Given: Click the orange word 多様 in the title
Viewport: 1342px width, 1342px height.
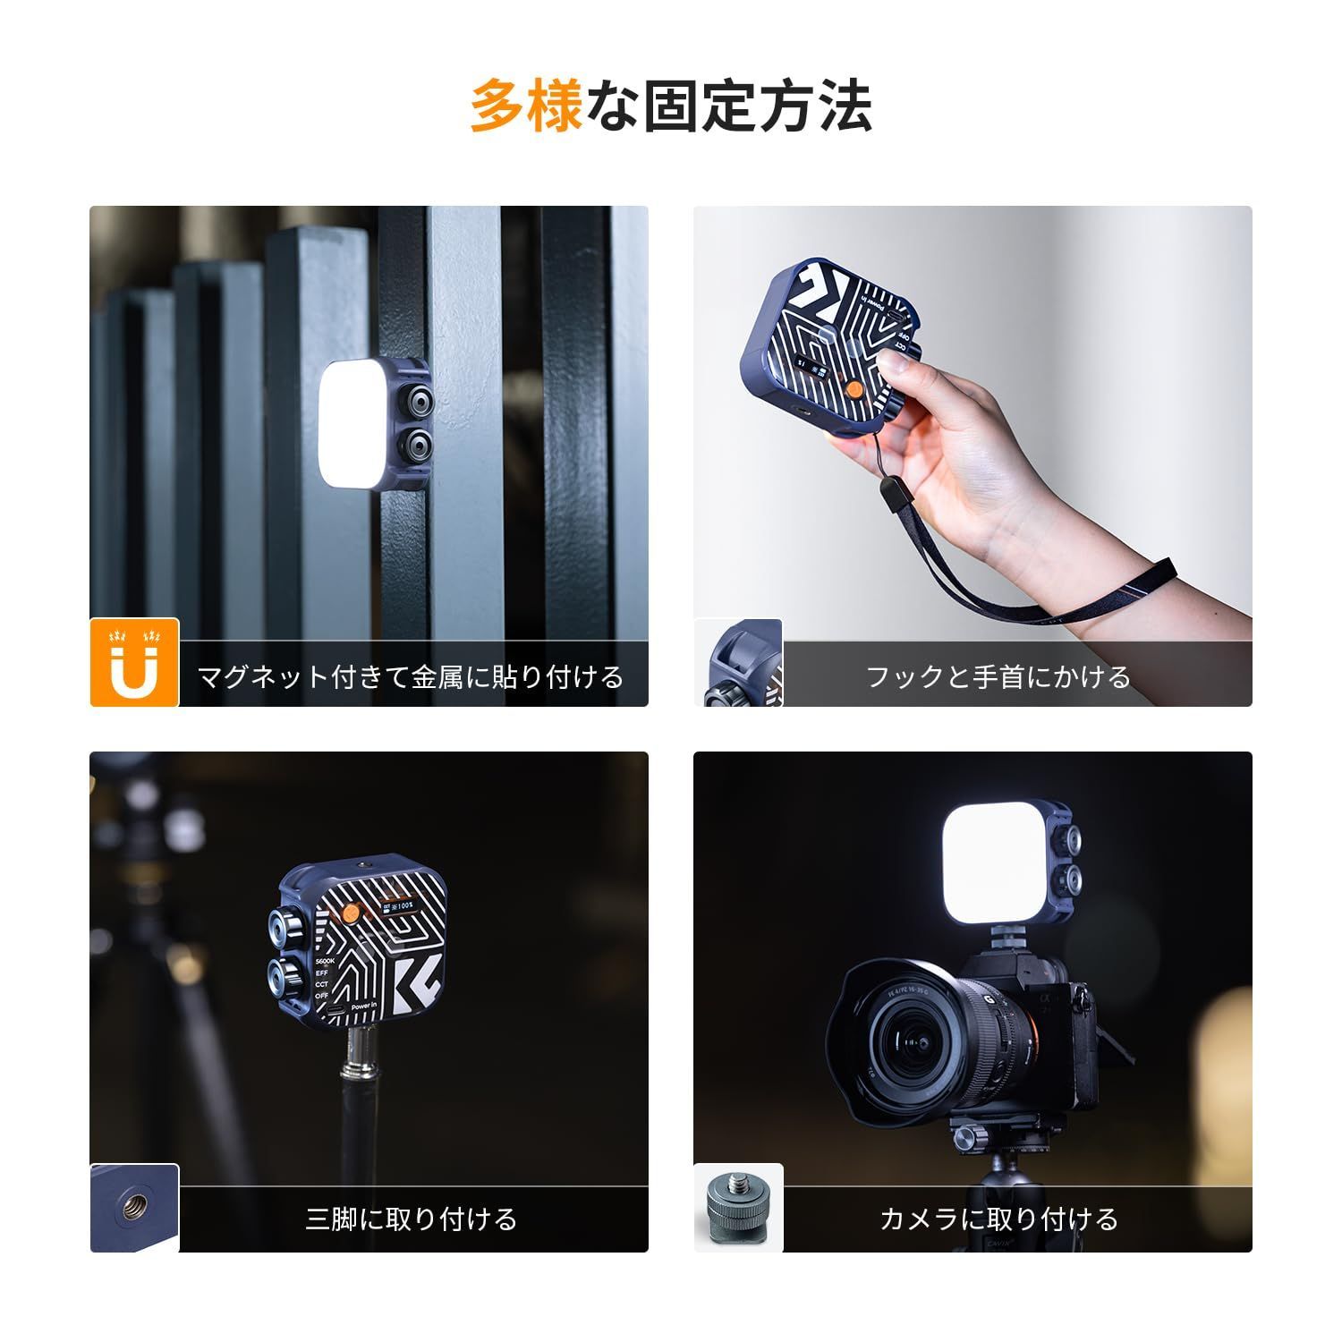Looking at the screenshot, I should [x=526, y=106].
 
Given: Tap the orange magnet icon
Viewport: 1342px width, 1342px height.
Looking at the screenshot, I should [x=134, y=663].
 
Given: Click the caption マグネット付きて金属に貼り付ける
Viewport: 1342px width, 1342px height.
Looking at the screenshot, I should [x=410, y=676].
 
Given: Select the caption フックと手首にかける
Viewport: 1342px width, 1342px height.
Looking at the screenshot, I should [x=998, y=676].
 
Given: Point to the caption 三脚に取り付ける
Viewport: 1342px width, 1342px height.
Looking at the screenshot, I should [x=412, y=1219].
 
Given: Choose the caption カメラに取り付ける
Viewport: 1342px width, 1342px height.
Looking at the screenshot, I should [x=999, y=1219].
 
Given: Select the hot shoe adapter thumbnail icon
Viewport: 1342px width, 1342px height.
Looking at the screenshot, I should [x=738, y=1208].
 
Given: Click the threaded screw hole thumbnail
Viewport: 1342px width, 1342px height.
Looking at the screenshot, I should [x=134, y=1208].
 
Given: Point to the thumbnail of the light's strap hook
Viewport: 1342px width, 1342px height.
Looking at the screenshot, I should [x=738, y=663].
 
